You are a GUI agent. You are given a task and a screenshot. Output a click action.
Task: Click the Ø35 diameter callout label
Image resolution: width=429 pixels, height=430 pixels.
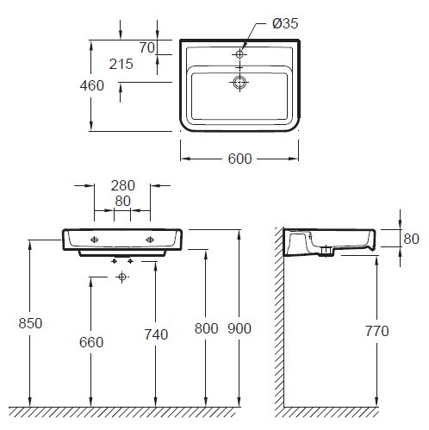tap(285, 23)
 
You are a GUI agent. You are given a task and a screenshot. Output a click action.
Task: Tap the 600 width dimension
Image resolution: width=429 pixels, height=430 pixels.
tap(239, 159)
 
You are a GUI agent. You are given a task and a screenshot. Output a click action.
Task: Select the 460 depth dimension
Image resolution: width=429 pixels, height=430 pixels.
tap(92, 85)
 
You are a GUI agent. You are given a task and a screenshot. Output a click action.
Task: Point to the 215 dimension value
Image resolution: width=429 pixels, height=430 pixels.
tap(121, 64)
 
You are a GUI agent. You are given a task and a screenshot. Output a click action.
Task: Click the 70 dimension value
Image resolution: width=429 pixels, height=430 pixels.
tap(147, 47)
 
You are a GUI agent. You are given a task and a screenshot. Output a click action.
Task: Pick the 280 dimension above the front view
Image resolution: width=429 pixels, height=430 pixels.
tap(123, 185)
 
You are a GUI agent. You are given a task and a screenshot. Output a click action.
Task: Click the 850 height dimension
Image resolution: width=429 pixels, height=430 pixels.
tap(30, 323)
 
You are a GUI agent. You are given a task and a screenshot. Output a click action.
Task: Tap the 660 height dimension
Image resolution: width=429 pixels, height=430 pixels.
tap(91, 342)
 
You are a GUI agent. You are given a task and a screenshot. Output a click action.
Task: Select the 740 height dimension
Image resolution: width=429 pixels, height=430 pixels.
tap(156, 334)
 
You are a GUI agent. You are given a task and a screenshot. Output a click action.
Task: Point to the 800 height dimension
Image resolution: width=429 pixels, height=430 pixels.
tap(206, 328)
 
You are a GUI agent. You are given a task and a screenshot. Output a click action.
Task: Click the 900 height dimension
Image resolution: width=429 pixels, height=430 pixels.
tap(239, 328)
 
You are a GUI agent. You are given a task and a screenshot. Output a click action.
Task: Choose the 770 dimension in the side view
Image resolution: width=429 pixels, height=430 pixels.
tap(377, 331)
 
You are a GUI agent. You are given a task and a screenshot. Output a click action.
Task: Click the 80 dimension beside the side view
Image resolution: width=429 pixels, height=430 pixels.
tap(411, 239)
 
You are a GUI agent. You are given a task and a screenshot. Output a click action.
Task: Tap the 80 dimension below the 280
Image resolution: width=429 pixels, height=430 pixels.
tap(122, 201)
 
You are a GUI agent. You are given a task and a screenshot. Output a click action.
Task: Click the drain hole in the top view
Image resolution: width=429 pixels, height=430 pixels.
tap(239, 82)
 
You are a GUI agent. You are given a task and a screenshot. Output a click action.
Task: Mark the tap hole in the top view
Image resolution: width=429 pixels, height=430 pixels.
tap(239, 53)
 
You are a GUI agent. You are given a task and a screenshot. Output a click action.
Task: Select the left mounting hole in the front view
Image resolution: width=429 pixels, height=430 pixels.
tap(95, 240)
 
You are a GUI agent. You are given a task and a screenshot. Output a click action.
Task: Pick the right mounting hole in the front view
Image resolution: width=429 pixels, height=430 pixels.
tap(150, 240)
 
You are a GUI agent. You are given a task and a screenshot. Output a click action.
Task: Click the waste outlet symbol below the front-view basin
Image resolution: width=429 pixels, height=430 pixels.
tap(122, 277)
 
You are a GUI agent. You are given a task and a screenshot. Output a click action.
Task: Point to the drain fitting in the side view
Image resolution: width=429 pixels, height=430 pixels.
tap(326, 252)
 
